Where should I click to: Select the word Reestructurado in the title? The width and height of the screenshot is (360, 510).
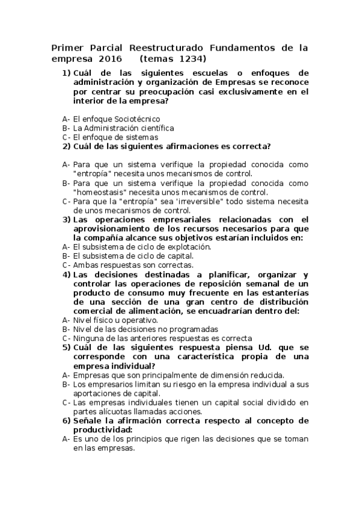(x=166, y=47)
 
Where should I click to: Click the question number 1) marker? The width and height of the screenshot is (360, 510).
(x=67, y=73)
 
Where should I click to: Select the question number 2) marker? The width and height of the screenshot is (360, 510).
(x=67, y=146)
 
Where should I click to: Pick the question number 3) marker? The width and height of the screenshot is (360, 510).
(x=67, y=220)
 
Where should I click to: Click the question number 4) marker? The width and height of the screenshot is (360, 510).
(x=67, y=274)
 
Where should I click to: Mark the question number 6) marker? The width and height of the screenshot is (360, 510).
(x=67, y=420)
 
